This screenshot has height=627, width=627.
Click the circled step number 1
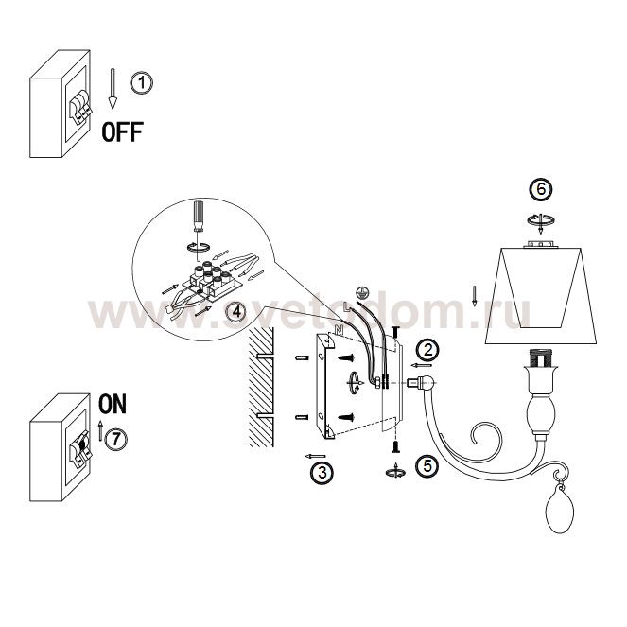coord(142,83)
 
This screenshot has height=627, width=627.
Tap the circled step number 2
coord(427,350)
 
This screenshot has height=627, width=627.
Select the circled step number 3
coord(322,473)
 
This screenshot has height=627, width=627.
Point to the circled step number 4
coord(236,311)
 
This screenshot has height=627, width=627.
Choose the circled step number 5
coord(427,466)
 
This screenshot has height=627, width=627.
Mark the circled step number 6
coord(541,189)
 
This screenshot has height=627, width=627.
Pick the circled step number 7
coord(115,440)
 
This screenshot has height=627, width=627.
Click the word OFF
coord(122,132)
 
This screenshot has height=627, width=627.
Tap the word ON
coord(113,404)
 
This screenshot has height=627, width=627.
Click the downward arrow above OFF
coord(113,88)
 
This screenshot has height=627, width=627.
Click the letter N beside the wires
coord(340,330)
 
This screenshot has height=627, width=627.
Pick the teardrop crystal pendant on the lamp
coord(560,509)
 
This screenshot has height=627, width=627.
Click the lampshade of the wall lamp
coord(541,295)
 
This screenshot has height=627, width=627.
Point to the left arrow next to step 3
coord(315,456)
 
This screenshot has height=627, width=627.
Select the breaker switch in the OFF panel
coord(80,106)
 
